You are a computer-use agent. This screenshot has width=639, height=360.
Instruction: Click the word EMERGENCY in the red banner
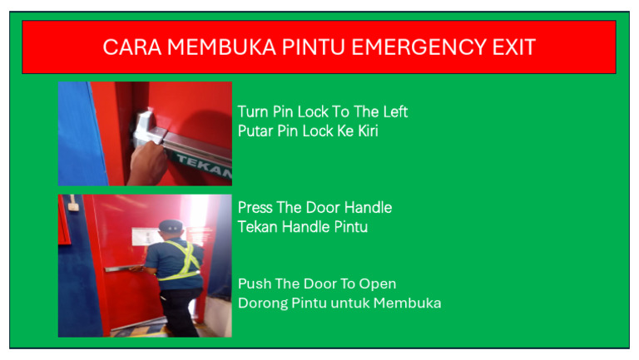[419, 47]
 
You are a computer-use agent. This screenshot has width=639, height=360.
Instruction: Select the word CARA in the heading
[132, 47]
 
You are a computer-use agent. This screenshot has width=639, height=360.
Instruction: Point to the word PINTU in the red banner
[314, 47]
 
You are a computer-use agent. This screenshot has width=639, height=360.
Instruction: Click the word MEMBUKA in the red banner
[221, 47]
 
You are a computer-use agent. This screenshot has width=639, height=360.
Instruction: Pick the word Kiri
[368, 131]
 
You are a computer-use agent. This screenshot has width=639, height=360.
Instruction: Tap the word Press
[255, 208]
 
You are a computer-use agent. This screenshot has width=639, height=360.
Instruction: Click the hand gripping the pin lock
[147, 163]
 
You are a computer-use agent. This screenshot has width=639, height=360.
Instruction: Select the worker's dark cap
[171, 226]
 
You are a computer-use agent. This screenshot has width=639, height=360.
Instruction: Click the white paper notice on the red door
[144, 237]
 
